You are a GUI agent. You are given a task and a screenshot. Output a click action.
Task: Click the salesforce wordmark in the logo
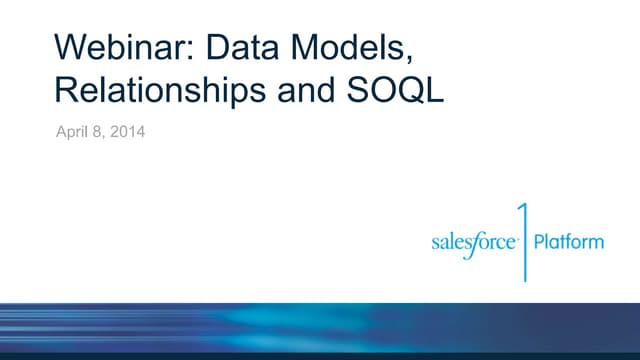pos(474,243)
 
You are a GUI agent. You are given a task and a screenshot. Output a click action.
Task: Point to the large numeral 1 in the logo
pos(522,240)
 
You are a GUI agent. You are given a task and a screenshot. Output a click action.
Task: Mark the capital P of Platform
pos(540,241)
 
